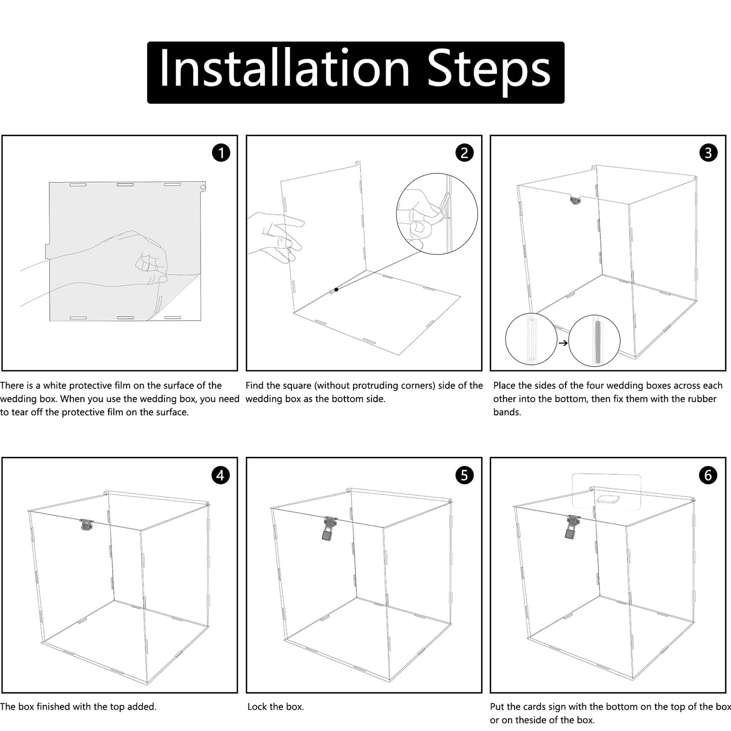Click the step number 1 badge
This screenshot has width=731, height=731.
[x=221, y=153]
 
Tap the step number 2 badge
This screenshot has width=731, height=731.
[x=464, y=153]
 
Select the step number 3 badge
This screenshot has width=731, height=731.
[x=708, y=153]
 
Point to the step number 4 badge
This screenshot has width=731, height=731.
[x=221, y=475]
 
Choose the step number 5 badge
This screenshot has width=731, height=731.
[x=464, y=475]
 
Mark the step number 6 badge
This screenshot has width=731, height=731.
[x=708, y=475]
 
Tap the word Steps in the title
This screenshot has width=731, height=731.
[x=489, y=72]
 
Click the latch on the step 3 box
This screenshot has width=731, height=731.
[x=576, y=200]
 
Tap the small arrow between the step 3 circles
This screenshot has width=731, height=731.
[x=564, y=343]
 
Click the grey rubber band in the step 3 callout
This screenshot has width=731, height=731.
[x=598, y=342]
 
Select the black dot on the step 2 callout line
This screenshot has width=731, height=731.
[x=336, y=289]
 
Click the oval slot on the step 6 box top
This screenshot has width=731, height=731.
[x=608, y=499]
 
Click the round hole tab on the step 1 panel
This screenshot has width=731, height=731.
[x=203, y=187]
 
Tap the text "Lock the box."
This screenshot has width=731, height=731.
[x=276, y=706]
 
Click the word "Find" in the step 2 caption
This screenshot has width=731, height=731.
[x=256, y=385]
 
